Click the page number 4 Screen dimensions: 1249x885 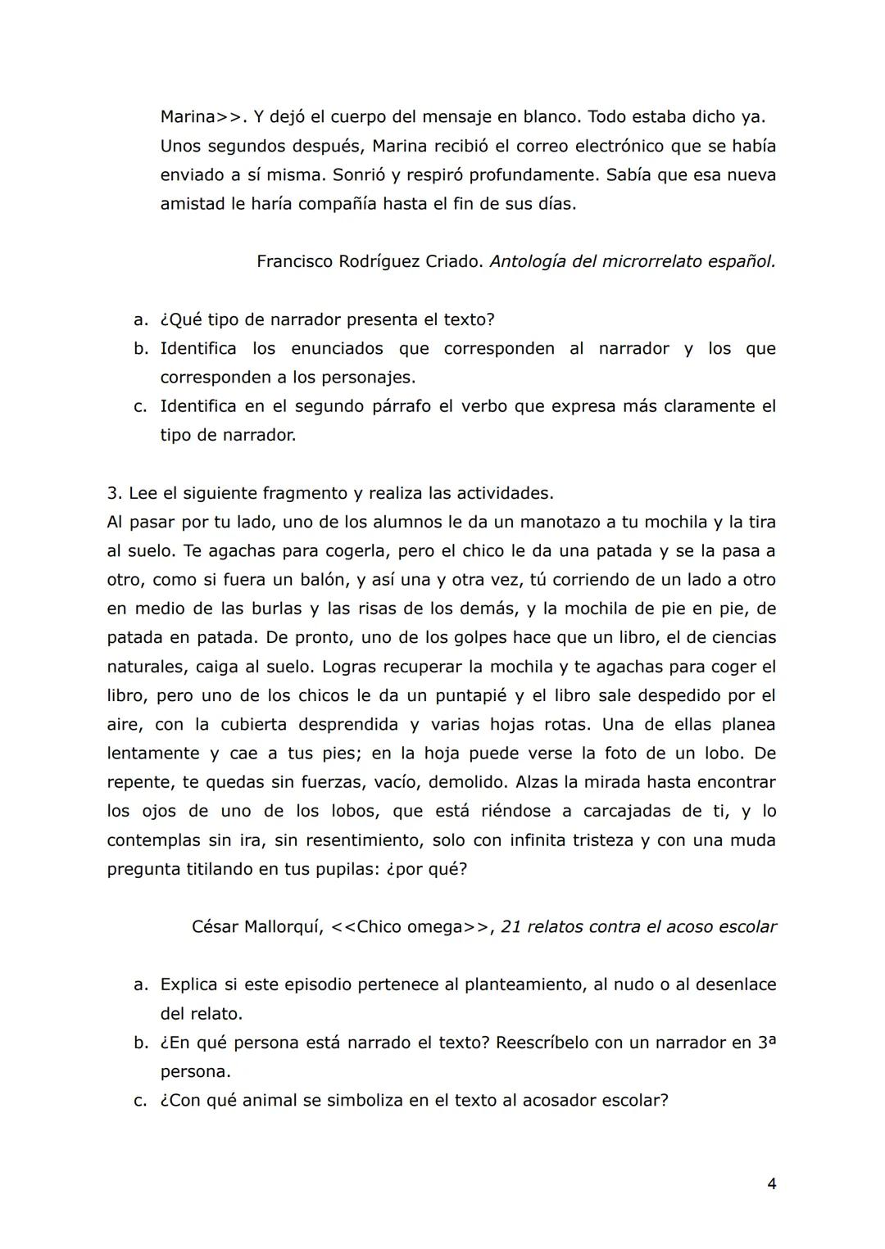(771, 1183)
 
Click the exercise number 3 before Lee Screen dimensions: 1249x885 (112, 493)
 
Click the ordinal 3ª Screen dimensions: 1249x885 (766, 1042)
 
